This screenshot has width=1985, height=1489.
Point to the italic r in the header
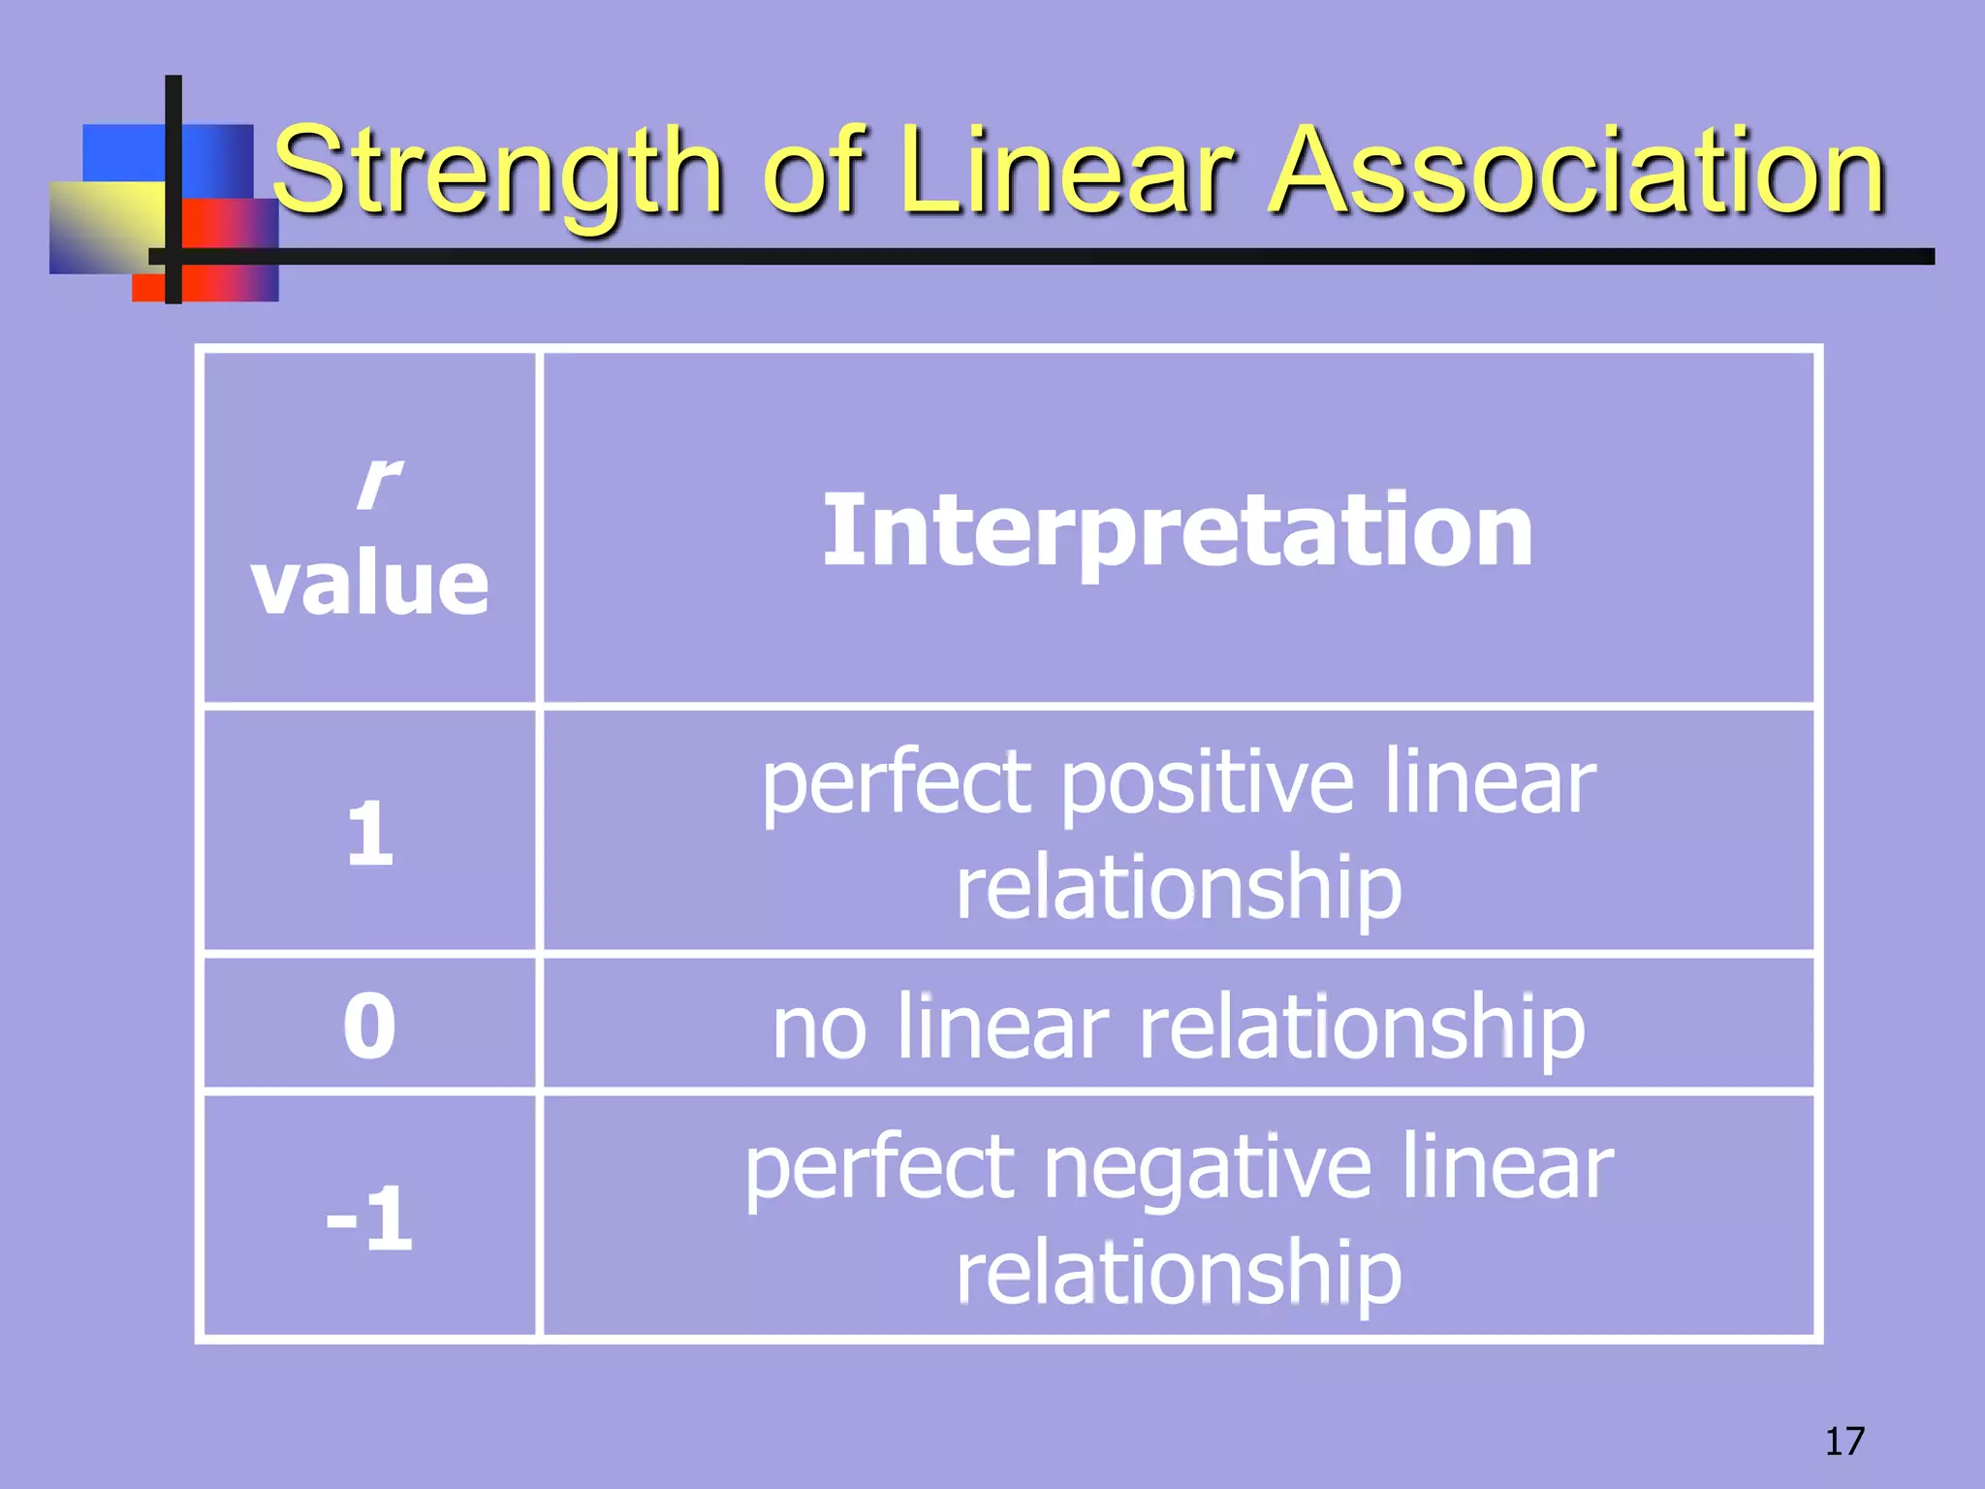coord(379,482)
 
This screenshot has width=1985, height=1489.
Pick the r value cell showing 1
coord(370,833)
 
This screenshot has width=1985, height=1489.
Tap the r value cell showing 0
coord(369,1025)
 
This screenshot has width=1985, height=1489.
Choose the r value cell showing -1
coord(369,1218)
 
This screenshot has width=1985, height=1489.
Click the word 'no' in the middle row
coord(819,1028)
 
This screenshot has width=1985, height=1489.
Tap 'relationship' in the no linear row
coord(1362,1028)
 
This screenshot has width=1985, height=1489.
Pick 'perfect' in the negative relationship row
coord(879,1167)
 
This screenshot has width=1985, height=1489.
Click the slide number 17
coord(1844,1441)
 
